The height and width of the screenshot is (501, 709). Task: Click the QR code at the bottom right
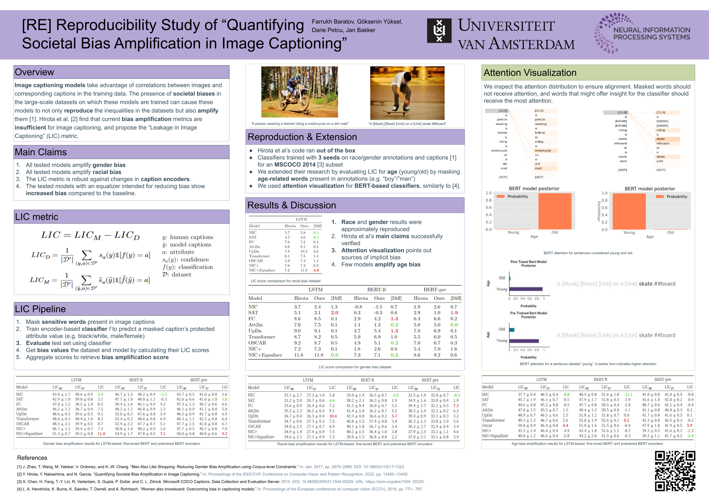coord(675,471)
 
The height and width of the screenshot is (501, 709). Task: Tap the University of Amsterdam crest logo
coord(439,31)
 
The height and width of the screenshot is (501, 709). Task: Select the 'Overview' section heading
coord(34,72)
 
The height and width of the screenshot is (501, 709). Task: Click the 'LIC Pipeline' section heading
coord(40,309)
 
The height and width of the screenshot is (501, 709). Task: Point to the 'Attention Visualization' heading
coord(530,73)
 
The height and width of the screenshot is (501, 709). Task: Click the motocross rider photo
coord(299,92)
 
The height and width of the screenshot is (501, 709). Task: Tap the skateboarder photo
coord(407,93)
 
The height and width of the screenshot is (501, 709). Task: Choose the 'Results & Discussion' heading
coord(292,205)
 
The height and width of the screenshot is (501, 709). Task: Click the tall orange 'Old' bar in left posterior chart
coord(555,211)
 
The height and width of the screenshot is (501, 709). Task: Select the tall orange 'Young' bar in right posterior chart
coord(629,212)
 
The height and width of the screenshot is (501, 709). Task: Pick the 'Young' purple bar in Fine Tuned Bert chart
coord(526,289)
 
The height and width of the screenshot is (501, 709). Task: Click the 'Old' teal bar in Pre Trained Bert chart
coord(512,330)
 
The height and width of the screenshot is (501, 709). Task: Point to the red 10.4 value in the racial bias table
coord(333,416)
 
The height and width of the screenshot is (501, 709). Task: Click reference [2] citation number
coord(19,474)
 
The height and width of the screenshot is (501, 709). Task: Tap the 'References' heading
coord(32,458)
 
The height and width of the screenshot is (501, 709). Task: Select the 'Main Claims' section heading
coord(41,152)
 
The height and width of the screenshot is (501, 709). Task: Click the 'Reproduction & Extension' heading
coord(302,137)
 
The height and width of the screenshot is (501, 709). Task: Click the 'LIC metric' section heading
coord(36,217)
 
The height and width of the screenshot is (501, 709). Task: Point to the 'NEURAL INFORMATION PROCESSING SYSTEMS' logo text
coord(651,34)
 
